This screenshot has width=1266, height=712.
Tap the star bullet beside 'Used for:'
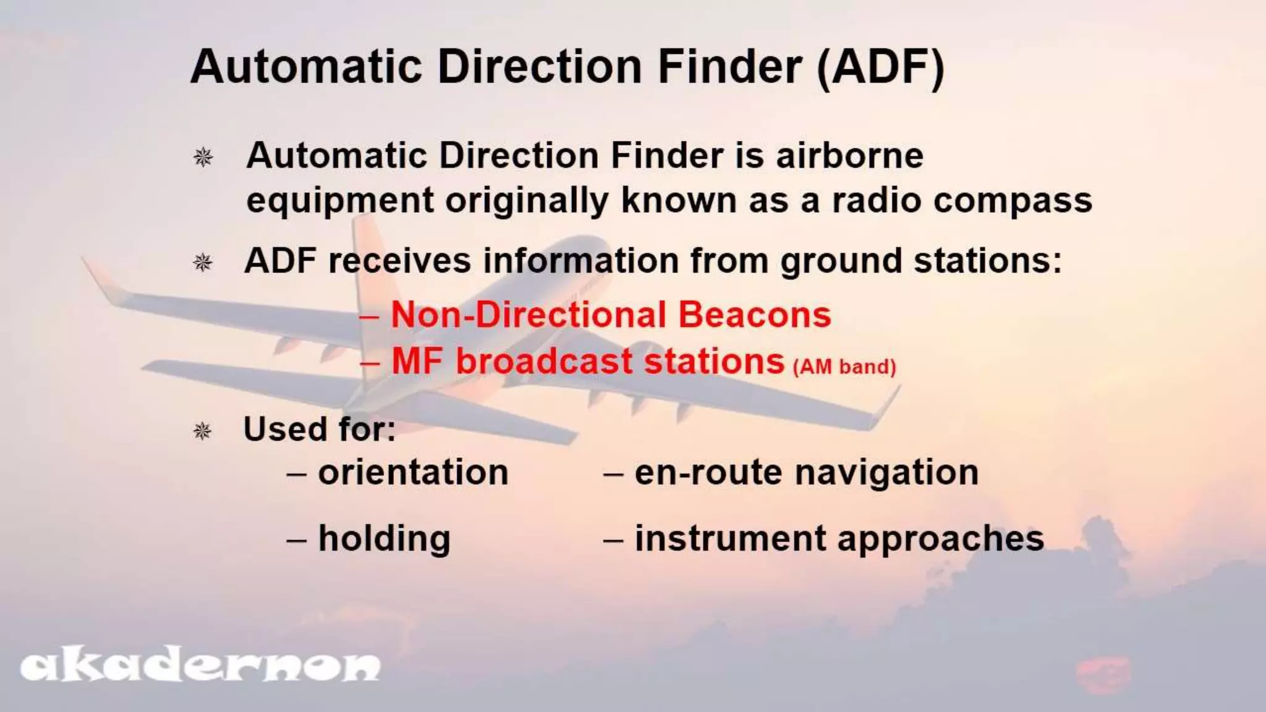click(x=203, y=430)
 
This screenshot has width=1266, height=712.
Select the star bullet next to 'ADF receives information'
click(x=203, y=262)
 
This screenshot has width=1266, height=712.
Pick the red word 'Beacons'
click(x=754, y=315)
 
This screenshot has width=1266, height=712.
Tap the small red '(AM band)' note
click(x=844, y=367)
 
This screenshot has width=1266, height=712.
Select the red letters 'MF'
click(x=417, y=361)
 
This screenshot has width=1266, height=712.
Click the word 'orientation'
click(x=413, y=473)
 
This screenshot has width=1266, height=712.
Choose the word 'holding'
click(x=384, y=538)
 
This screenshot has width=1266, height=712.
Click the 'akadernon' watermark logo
click(x=199, y=666)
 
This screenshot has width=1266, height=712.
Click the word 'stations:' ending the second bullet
click(x=987, y=261)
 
